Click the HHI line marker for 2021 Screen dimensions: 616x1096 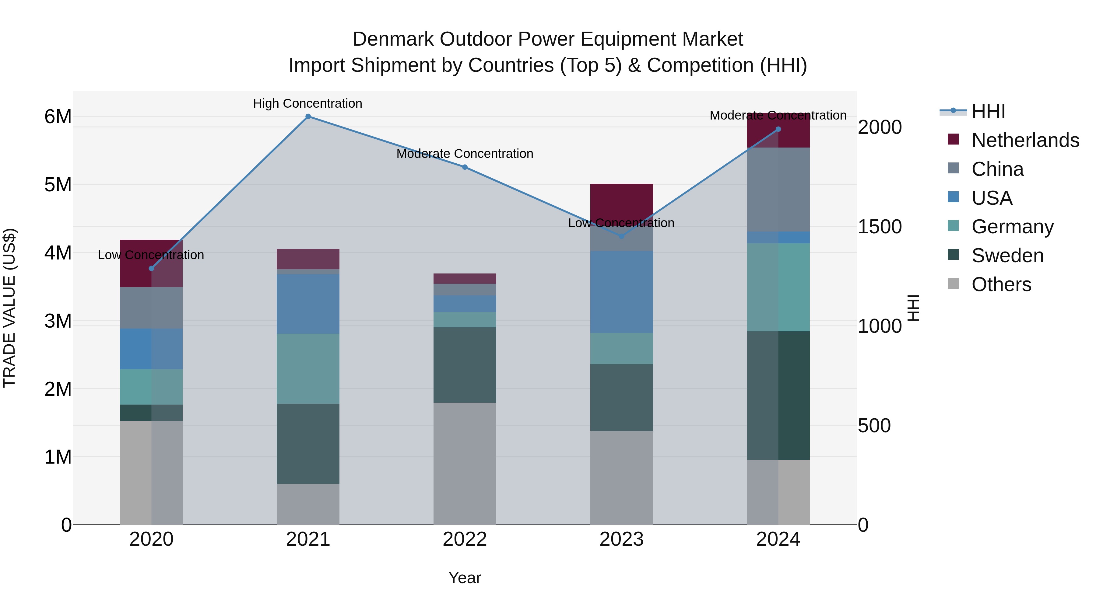(308, 117)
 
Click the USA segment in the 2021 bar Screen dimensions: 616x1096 (308, 304)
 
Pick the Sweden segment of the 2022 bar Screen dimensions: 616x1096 (465, 365)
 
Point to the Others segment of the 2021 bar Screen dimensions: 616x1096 (308, 504)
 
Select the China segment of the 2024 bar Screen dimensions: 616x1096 (778, 189)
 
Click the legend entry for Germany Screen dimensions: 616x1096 (1012, 227)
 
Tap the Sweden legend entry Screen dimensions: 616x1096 (1007, 256)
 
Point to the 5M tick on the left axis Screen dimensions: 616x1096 (58, 185)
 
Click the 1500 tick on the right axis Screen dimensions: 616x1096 (879, 227)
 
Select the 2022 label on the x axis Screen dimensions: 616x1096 (465, 539)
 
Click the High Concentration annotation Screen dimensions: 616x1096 (307, 103)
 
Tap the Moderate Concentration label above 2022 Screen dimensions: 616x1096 (465, 154)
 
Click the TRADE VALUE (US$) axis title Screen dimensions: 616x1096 (10, 308)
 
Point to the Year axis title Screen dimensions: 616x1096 (465, 578)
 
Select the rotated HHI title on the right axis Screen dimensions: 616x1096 (913, 308)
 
